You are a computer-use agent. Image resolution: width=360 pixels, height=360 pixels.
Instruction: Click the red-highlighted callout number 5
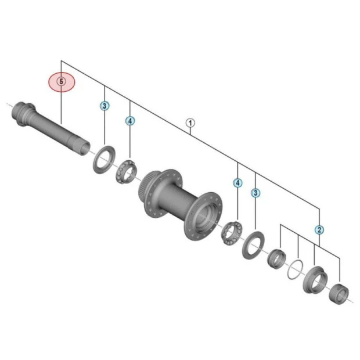[x=62, y=81]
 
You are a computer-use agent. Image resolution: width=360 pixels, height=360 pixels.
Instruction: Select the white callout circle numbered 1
[x=190, y=123]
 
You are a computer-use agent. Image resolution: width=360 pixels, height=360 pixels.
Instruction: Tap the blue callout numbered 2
[x=319, y=230]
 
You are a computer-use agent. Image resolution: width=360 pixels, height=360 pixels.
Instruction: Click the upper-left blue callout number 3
[x=105, y=106]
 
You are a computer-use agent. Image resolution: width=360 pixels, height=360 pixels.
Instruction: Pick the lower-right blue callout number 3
[x=255, y=193]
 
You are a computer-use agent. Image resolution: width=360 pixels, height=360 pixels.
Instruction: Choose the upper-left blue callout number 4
[x=130, y=121]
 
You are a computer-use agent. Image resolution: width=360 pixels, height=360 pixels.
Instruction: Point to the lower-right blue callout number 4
[x=237, y=183]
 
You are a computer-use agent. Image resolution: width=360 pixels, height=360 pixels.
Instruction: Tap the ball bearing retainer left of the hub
[x=127, y=171]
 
